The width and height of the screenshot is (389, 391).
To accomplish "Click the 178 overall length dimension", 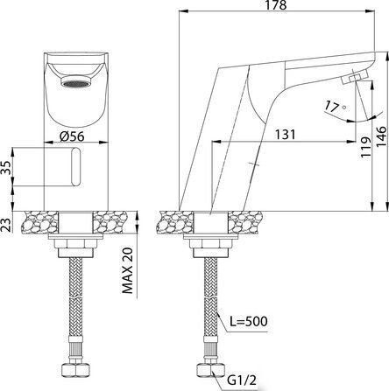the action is tap(276, 5).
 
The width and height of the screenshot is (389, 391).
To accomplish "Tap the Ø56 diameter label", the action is tap(72, 136).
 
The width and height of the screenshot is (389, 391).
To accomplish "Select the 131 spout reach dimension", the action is tap(285, 135).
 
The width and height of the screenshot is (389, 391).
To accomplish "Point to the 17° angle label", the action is tap(335, 106).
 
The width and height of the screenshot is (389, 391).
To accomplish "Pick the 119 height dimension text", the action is tap(365, 147).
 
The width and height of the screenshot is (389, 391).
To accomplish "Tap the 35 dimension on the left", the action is tap(7, 167).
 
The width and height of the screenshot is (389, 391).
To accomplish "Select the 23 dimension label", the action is tap(7, 225).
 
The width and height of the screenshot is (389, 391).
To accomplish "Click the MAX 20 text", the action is tap(127, 270).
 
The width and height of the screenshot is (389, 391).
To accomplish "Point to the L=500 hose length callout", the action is tap(248, 321).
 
